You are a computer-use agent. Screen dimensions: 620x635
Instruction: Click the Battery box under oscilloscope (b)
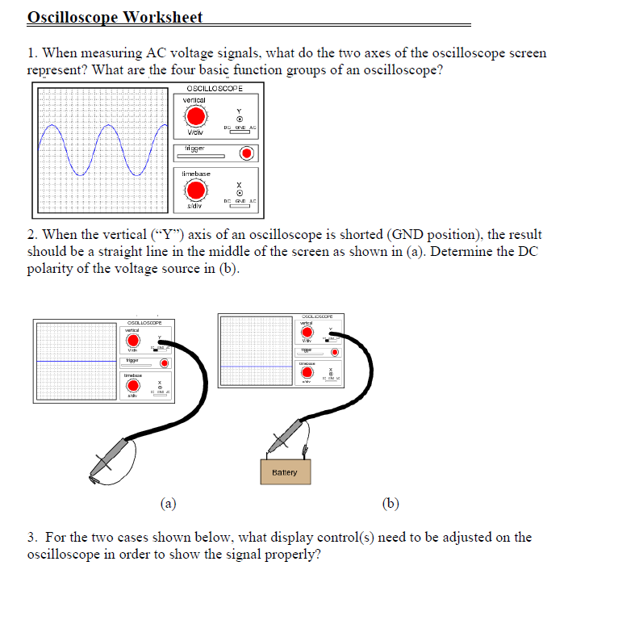[x=285, y=472]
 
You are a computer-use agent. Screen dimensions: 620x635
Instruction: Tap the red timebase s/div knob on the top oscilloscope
[x=195, y=191]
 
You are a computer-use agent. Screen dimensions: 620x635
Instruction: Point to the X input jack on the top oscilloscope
[x=239, y=191]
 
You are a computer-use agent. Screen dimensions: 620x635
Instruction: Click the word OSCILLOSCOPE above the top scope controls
[x=214, y=88]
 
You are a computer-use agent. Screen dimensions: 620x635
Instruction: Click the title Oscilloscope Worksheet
[x=115, y=17]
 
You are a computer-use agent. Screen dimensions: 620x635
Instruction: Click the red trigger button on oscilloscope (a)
[x=165, y=363]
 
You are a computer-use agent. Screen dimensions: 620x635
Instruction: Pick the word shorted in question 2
[x=341, y=235]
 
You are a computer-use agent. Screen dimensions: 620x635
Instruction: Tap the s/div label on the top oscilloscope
[x=194, y=207]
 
